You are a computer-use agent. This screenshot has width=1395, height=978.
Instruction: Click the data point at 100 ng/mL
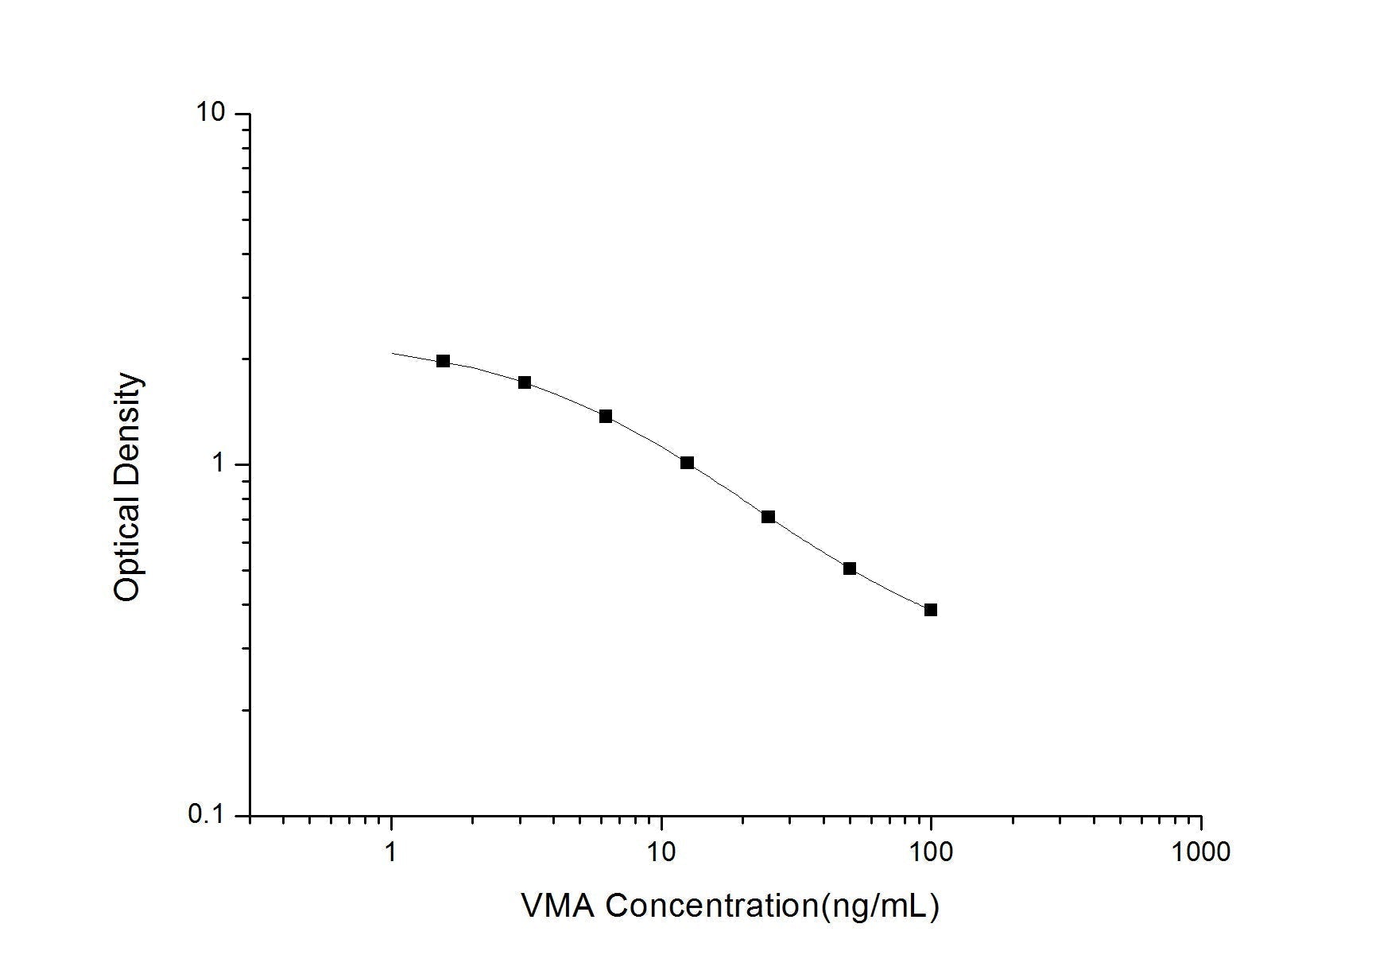pyautogui.click(x=931, y=610)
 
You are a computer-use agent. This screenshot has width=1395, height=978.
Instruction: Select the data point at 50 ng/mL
pyautogui.click(x=850, y=569)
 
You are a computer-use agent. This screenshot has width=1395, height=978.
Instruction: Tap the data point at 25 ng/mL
pyautogui.click(x=768, y=517)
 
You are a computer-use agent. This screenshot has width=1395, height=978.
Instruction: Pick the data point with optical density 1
pyautogui.click(x=687, y=463)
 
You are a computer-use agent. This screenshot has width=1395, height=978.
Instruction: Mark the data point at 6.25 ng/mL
pyautogui.click(x=606, y=416)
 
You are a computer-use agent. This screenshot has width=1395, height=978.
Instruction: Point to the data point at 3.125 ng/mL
pyautogui.click(x=525, y=382)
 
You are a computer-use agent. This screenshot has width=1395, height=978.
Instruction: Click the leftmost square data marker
pyautogui.click(x=444, y=361)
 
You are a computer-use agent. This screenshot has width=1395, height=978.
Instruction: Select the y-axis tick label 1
pyautogui.click(x=220, y=464)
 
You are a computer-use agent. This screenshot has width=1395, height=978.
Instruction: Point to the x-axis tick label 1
pyautogui.click(x=391, y=851)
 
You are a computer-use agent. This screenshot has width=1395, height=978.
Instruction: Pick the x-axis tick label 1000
pyautogui.click(x=1200, y=851)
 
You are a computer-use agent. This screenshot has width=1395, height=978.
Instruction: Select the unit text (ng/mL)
pyautogui.click(x=879, y=906)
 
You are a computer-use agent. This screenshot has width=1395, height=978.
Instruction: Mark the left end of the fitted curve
pyautogui.click(x=393, y=353)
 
